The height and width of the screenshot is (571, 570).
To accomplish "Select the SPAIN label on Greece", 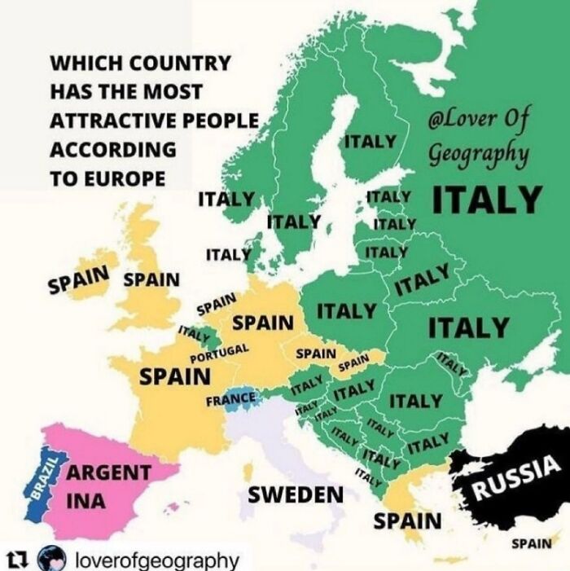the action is [x=408, y=520].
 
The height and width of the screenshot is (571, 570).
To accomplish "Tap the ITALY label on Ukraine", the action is [x=468, y=327].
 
